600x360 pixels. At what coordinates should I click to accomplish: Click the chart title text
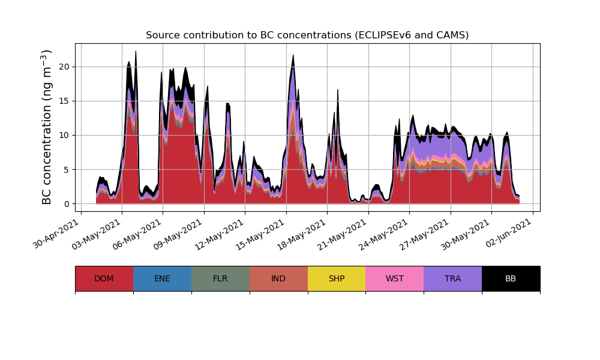click(x=307, y=35)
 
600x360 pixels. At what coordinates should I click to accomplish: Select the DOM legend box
click(x=104, y=278)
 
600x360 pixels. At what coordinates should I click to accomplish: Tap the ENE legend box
click(x=162, y=278)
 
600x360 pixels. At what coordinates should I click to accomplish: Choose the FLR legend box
click(x=220, y=278)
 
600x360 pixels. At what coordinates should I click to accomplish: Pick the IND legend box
click(x=278, y=278)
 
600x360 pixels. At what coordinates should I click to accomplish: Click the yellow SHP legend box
click(x=337, y=278)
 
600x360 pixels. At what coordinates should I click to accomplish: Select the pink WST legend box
click(x=395, y=278)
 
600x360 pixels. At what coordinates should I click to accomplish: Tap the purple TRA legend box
click(x=453, y=278)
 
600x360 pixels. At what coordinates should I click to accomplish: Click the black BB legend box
click(x=511, y=278)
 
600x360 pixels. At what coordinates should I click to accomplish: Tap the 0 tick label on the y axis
click(x=68, y=204)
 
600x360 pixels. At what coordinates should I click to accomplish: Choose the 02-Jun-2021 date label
click(x=509, y=234)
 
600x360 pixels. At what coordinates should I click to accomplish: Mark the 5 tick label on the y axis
click(x=68, y=170)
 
